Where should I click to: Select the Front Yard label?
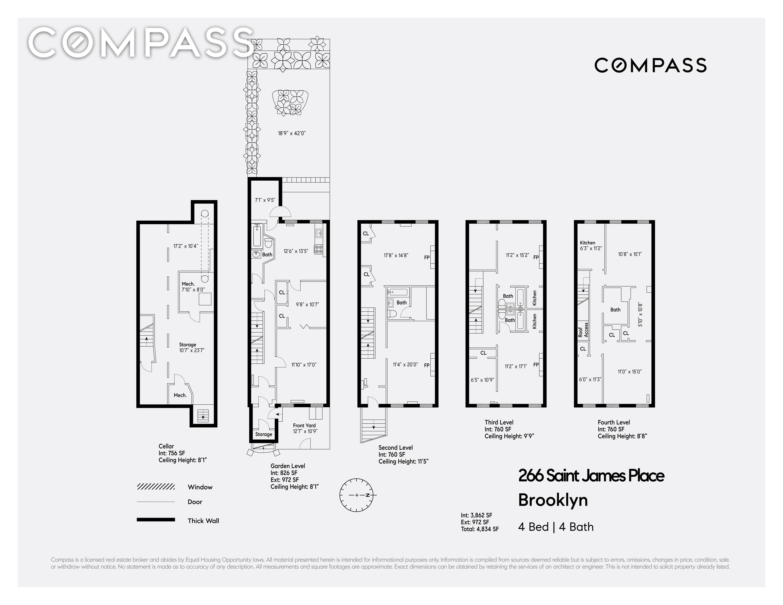point(304,425)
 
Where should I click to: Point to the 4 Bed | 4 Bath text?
point(556,527)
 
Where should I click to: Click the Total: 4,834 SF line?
point(480,529)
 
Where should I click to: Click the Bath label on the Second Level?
point(402,303)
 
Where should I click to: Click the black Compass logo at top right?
point(650,65)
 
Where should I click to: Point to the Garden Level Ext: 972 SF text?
point(285,480)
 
